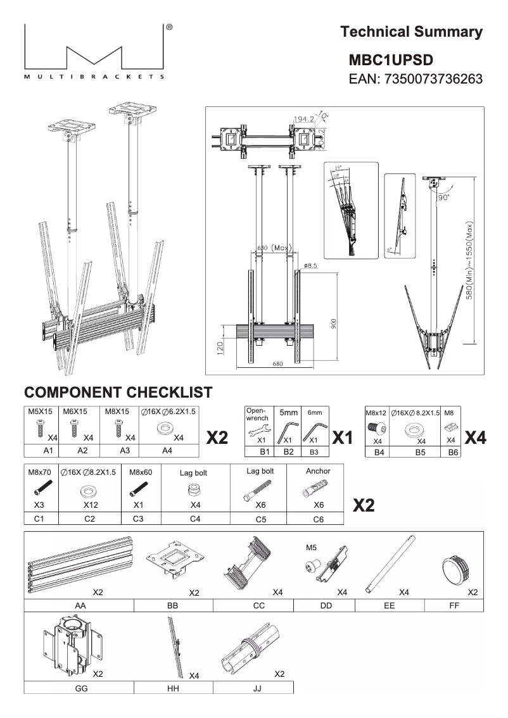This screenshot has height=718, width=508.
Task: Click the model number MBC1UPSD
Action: [x=391, y=60]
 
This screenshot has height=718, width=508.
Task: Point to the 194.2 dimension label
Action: [x=305, y=119]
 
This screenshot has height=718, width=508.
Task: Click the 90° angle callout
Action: [x=442, y=196]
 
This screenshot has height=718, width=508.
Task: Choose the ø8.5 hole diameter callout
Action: [x=310, y=266]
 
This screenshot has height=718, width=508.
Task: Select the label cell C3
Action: [x=138, y=518]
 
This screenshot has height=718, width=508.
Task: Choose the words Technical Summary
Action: [x=411, y=32]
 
